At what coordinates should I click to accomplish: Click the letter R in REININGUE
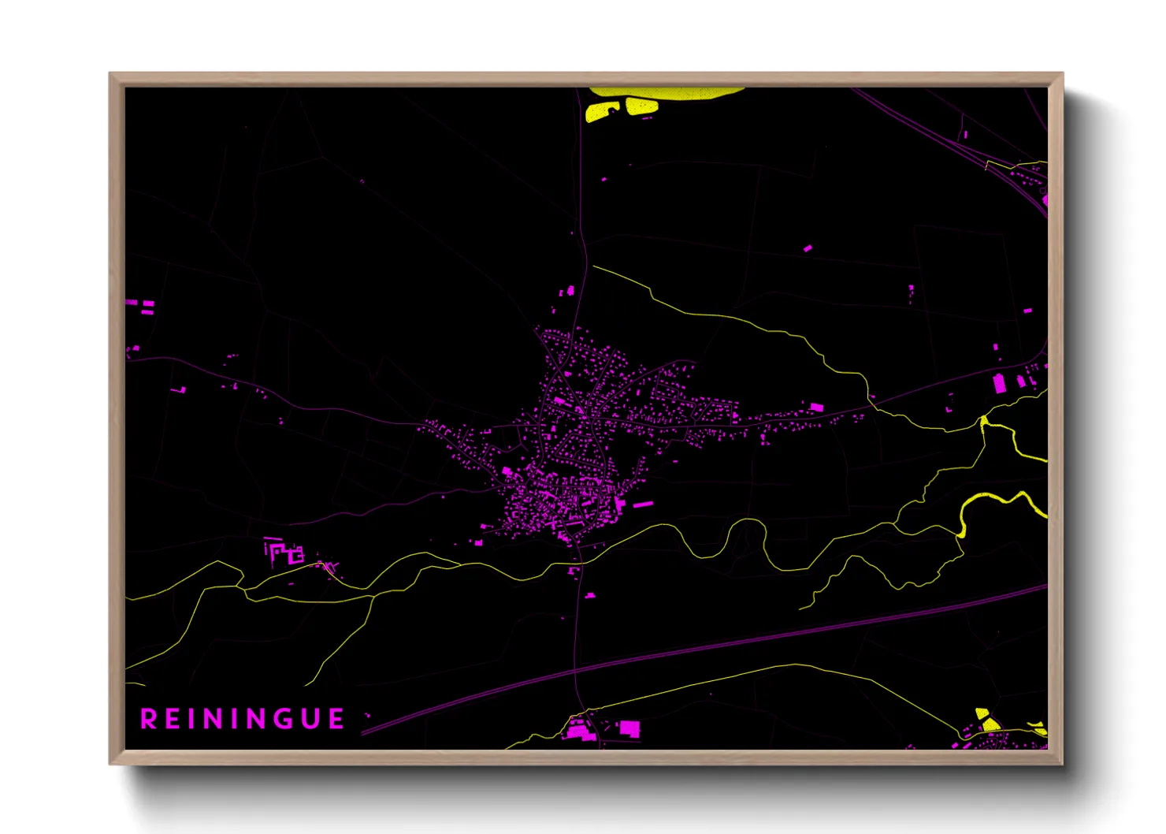[148, 719]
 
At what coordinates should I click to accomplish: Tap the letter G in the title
[280, 719]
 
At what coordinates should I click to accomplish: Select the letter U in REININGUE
[309, 719]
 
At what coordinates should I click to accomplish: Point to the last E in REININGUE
[336, 719]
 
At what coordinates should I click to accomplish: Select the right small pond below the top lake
[641, 106]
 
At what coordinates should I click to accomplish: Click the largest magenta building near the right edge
[1000, 383]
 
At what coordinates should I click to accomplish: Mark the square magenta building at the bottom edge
[629, 728]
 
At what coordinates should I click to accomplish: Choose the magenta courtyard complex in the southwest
[284, 553]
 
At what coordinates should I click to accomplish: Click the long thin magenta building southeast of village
[644, 504]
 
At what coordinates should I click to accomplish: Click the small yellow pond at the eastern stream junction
[984, 423]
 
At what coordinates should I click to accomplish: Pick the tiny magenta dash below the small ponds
[647, 118]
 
